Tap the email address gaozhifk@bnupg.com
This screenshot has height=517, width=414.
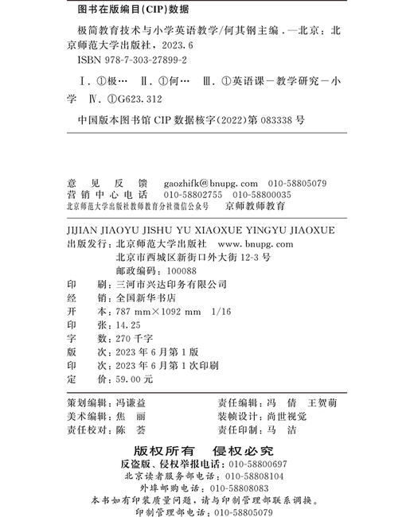tap(211, 183)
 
